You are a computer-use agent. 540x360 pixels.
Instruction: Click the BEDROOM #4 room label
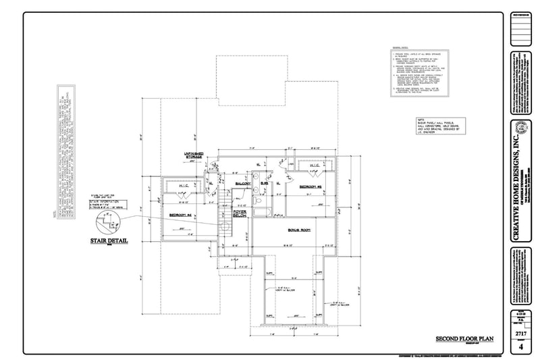pyautogui.click(x=182, y=214)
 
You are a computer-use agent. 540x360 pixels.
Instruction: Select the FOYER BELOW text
pyautogui.click(x=240, y=213)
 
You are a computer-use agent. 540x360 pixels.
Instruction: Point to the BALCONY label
pyautogui.click(x=243, y=183)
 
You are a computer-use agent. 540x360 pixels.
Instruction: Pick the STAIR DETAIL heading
pyautogui.click(x=104, y=240)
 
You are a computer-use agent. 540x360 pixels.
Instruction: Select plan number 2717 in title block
pyautogui.click(x=520, y=334)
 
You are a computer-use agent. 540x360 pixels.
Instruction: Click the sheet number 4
pyautogui.click(x=520, y=347)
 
